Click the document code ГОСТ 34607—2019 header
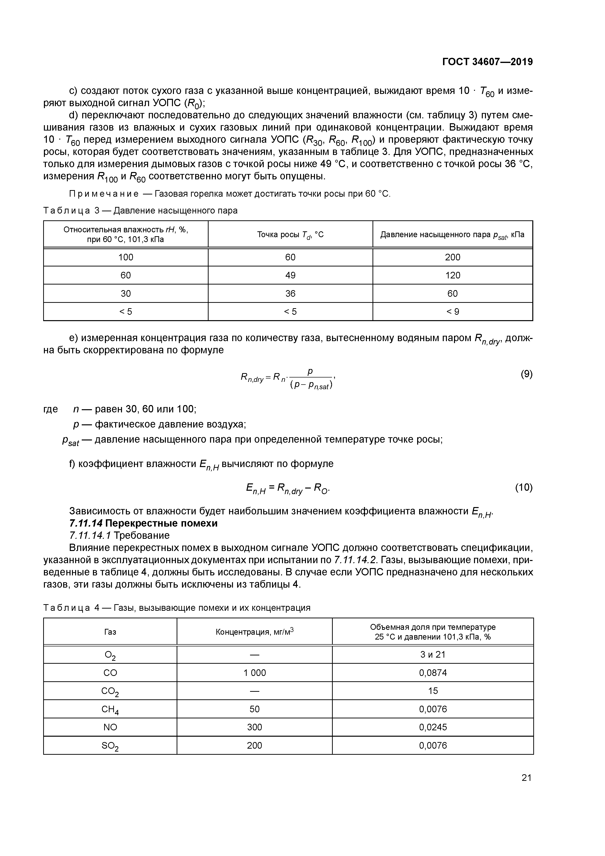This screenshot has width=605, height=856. (488, 62)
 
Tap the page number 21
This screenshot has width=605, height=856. (526, 778)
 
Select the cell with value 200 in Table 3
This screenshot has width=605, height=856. (453, 257)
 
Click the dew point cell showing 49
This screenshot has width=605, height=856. (290, 275)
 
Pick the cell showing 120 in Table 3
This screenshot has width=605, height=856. (453, 275)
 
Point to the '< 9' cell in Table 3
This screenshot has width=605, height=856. (453, 312)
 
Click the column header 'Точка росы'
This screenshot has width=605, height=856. (290, 234)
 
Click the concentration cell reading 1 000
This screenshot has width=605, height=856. (255, 673)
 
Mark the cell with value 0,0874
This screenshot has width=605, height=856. (433, 673)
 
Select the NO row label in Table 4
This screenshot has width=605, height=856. (110, 727)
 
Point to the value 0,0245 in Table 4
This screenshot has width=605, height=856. (433, 727)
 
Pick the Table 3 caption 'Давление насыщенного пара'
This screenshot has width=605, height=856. (175, 211)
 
